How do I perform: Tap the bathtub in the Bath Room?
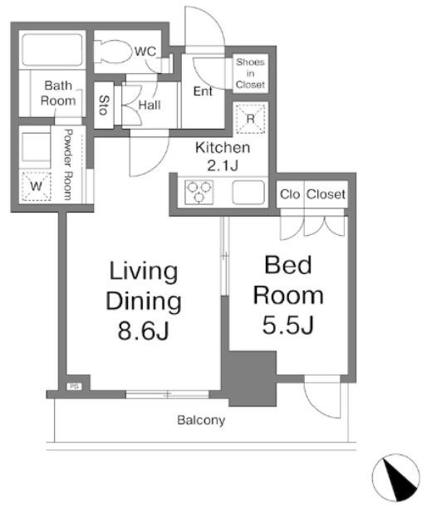coord(52,49)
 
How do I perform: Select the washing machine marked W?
coord(36,186)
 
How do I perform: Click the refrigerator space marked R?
coord(250,119)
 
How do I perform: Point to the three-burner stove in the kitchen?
coord(199,192)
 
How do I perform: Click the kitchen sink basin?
coord(248,192)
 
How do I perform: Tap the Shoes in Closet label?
coord(250,73)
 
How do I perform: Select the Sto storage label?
coord(104,105)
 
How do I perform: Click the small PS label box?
coord(74,386)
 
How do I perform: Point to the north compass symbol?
coord(396,478)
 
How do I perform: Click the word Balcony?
coord(201,420)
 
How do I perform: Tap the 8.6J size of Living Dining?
coord(144,331)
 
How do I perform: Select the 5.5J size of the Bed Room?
coord(287,325)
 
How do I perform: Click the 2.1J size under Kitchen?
coord(223,166)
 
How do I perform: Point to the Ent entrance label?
coord(203,91)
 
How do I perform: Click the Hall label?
coord(150,105)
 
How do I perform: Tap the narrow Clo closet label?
coord(290,194)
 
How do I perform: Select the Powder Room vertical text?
coord(68,164)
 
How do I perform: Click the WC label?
coord(145,51)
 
